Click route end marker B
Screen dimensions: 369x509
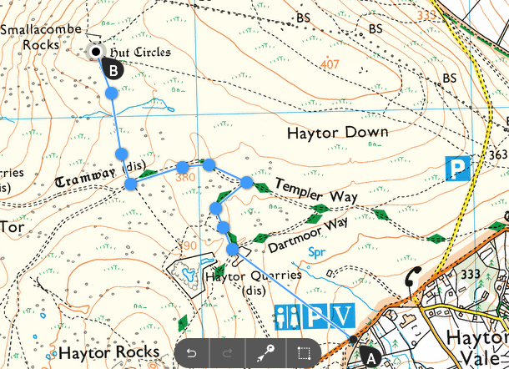tap(114, 70)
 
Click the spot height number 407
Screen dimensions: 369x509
tap(330, 64)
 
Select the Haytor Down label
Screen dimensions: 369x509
tap(337, 133)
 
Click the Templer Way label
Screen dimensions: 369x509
tap(316, 191)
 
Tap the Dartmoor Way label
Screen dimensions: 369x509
tap(309, 236)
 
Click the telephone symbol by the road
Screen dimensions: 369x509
tap(412, 279)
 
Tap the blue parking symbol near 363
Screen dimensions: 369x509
tap(457, 169)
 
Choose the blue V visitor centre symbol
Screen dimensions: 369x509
tap(345, 317)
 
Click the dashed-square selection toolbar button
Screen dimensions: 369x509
tap(304, 353)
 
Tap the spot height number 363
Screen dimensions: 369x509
tap(499, 155)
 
